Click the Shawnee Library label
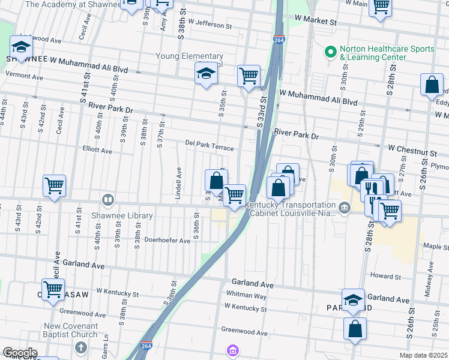pyautogui.click(x=122, y=215)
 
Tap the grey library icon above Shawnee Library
pyautogui.click(x=108, y=200)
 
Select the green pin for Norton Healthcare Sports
pyautogui.click(x=330, y=52)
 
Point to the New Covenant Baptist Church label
pyautogui.click(x=70, y=331)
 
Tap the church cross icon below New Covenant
pyautogui.click(x=81, y=347)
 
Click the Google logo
pyautogui.click(x=19, y=353)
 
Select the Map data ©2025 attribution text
pyautogui.click(x=423, y=355)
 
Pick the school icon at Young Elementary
pyautogui.click(x=206, y=73)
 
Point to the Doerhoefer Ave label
pyautogui.click(x=167, y=240)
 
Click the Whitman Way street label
pyautogui.click(x=246, y=295)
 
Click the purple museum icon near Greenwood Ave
pyautogui.click(x=232, y=350)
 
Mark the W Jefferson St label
pyautogui.click(x=209, y=26)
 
